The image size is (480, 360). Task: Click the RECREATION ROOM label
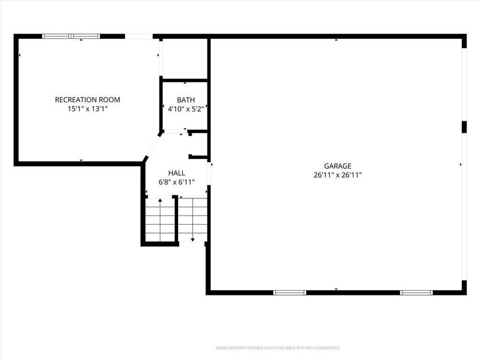(x=87, y=100)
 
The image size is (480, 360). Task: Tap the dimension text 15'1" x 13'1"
(x=87, y=108)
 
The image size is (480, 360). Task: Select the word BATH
(x=186, y=100)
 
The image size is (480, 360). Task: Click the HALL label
(x=177, y=173)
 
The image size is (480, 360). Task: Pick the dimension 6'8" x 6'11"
(x=177, y=182)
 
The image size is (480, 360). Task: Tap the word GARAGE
(x=338, y=166)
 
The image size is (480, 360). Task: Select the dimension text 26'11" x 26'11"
(x=338, y=174)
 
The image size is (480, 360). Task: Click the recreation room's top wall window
(x=71, y=36)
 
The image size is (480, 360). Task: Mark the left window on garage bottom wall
(x=290, y=292)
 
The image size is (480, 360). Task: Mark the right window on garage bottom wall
(x=416, y=292)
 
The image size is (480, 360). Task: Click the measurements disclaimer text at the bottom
(x=277, y=348)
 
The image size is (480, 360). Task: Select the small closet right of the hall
(x=198, y=144)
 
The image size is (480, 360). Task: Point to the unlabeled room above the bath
(x=184, y=59)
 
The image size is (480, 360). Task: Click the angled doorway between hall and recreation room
(x=152, y=146)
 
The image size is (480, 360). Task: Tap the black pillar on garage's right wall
(x=464, y=126)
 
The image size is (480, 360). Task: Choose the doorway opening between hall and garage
(x=209, y=173)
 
